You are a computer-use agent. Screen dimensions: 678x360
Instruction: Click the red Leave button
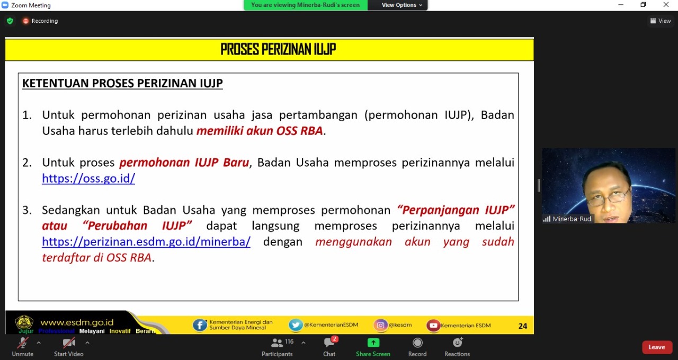[x=657, y=347]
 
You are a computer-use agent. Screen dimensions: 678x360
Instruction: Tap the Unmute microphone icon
[x=22, y=343]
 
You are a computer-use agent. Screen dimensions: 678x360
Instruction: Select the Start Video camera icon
[x=69, y=343]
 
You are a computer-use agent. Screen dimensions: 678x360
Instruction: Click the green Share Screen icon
[x=373, y=343]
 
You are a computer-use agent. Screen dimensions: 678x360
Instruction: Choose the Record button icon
[x=417, y=343]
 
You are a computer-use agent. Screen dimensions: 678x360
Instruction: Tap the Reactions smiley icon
[x=457, y=343]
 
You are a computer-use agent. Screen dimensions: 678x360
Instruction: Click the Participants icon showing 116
[x=277, y=343]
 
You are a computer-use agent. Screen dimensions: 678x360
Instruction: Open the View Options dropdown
[x=402, y=5]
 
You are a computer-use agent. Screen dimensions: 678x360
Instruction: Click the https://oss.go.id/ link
[x=88, y=178]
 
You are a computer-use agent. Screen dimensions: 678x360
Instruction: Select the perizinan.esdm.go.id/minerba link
[x=146, y=242]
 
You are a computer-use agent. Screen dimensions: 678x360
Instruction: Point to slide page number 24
[x=522, y=326]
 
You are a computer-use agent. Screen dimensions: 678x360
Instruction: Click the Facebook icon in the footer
[x=200, y=325]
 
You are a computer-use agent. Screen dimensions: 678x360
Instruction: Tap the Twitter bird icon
[x=296, y=325]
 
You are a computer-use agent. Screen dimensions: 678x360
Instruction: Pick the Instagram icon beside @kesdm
[x=380, y=325]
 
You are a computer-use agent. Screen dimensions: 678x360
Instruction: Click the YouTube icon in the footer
[x=433, y=326]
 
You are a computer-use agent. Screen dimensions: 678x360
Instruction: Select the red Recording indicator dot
[x=26, y=21]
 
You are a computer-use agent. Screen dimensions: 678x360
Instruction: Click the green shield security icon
[x=10, y=21]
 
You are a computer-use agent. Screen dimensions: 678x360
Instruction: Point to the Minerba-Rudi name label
[x=573, y=219]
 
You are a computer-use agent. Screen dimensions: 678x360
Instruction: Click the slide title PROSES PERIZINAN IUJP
[x=278, y=50]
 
